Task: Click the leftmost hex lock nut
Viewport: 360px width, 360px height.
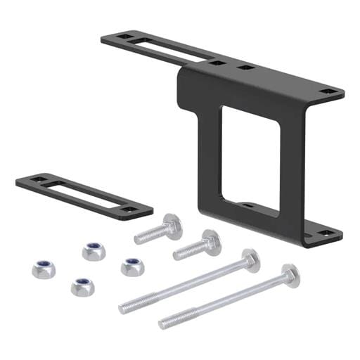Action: click(x=43, y=269)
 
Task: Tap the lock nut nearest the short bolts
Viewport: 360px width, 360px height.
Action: click(x=131, y=266)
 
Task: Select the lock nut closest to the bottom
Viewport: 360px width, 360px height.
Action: click(x=82, y=285)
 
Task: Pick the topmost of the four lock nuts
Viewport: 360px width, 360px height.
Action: click(x=94, y=251)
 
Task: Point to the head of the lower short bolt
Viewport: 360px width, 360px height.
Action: click(x=209, y=241)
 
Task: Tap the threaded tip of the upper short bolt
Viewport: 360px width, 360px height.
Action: click(x=139, y=239)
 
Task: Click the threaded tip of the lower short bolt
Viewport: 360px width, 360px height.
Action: click(x=178, y=254)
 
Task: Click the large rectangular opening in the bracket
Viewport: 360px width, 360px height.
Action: click(x=250, y=158)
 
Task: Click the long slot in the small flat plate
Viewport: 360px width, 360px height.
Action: click(x=83, y=193)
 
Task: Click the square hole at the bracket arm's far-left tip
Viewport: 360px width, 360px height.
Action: click(x=122, y=35)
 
